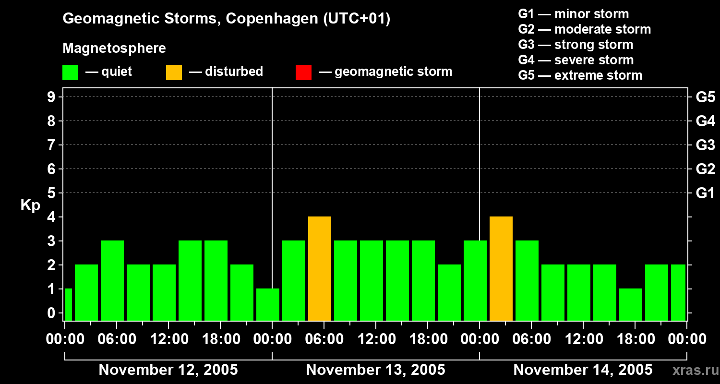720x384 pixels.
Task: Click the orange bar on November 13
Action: coord(320,268)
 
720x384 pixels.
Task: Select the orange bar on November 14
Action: coord(501,268)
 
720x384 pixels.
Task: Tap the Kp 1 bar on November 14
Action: coord(631,304)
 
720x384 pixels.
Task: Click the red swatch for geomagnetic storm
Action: coord(303,72)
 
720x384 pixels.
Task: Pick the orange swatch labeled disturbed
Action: coord(174,72)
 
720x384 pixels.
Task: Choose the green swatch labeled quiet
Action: coord(71,72)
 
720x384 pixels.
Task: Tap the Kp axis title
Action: coord(30,205)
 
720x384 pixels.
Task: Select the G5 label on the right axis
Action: coord(705,97)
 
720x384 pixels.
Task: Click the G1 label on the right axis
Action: coord(705,193)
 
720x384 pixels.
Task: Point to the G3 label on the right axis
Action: coord(705,145)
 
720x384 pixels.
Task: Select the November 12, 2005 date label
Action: coord(168,370)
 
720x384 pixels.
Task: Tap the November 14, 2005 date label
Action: coord(583,370)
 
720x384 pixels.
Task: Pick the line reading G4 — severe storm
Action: coord(576,60)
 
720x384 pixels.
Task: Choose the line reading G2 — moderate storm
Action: coord(584,29)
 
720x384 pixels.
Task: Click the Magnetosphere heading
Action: coord(114,48)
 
